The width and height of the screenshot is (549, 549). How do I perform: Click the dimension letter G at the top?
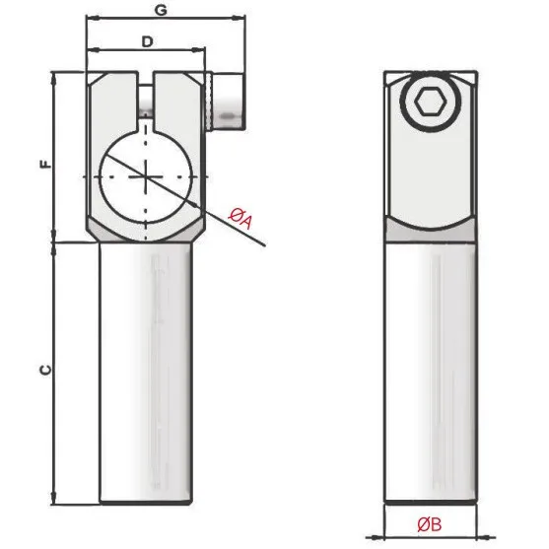pos(161,10)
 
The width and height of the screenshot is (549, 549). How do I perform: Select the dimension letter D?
pos(148,42)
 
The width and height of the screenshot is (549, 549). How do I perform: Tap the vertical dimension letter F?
pos(45,164)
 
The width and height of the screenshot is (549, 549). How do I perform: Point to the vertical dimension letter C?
pos(45,370)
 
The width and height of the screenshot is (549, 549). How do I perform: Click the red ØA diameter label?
pos(240,219)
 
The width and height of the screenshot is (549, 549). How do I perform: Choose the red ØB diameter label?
pos(430,524)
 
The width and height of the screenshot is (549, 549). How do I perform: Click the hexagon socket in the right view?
pos(431,102)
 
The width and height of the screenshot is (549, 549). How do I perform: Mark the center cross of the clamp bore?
pos(146,176)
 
